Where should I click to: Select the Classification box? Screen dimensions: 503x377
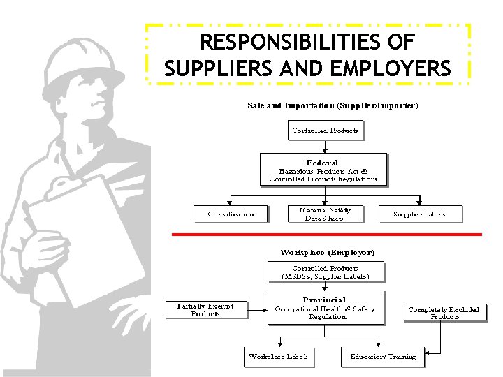point(231,214)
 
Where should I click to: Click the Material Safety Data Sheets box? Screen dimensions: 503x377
point(326,214)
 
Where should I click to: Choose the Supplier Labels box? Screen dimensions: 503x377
point(419,214)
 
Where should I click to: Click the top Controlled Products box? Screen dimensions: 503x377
point(326,131)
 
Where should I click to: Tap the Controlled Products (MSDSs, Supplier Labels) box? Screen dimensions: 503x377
point(326,272)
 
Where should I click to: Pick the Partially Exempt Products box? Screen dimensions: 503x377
point(206,309)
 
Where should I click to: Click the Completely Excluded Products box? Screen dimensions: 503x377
point(444,312)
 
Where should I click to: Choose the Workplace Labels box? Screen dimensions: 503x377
point(277,357)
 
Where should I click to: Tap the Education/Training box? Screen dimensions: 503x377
point(383,357)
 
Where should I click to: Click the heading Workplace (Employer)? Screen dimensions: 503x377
point(327,252)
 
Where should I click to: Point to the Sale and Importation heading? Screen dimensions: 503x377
point(333,106)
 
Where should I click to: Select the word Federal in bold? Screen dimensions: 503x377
point(322,162)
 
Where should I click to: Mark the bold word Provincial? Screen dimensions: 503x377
point(324,300)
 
